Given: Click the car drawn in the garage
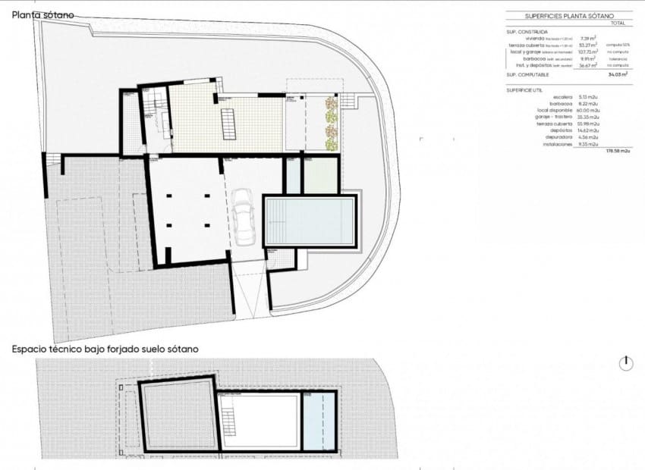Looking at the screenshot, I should [244, 217].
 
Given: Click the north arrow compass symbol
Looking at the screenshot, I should [626, 364].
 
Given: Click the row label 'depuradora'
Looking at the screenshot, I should [559, 136].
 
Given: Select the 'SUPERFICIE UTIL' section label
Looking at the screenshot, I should [524, 89].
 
